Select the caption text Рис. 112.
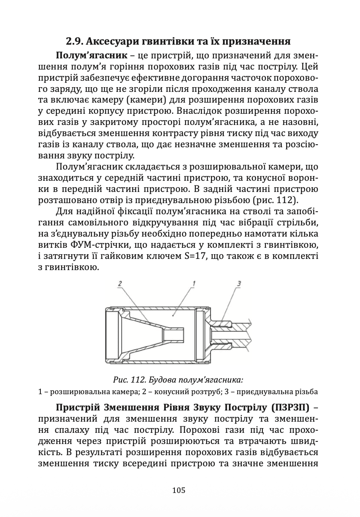click(132, 380)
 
